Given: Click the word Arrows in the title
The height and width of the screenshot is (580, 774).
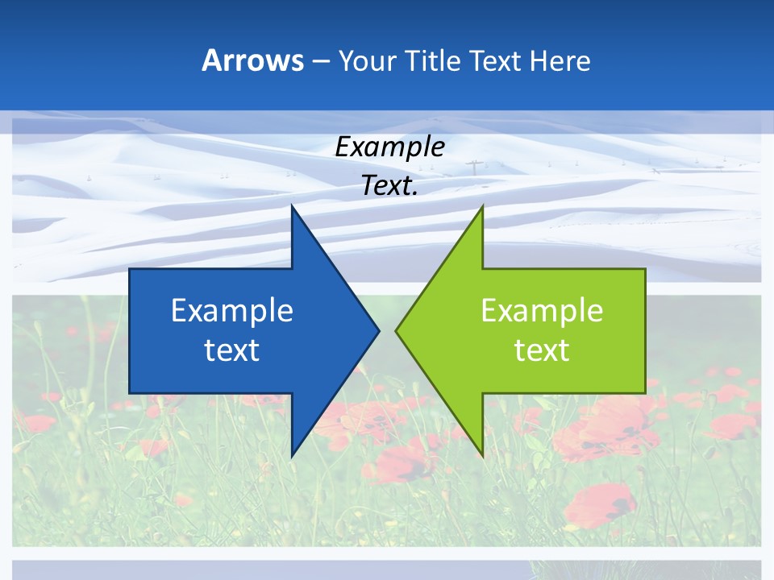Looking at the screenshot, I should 252,60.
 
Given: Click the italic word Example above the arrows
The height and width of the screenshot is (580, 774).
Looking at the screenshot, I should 389,147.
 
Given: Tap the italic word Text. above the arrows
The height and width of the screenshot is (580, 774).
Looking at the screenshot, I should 389,186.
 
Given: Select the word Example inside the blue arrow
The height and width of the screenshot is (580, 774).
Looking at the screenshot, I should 232,311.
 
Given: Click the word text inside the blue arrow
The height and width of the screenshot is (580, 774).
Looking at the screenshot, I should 232,350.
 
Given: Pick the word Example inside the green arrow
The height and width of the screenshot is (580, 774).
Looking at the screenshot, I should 542,311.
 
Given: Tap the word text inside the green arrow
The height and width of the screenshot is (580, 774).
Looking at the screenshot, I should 542,350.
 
